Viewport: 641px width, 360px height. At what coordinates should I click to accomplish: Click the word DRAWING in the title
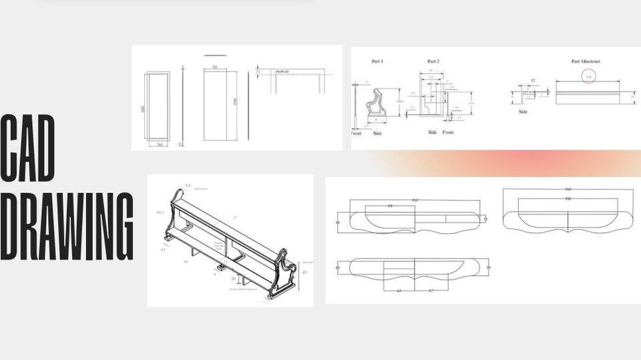pyautogui.click(x=67, y=227)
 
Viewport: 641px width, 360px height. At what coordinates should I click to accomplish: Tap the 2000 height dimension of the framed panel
pyautogui.click(x=142, y=108)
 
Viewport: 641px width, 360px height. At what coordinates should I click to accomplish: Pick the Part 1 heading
pyautogui.click(x=377, y=61)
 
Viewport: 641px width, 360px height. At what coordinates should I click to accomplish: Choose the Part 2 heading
pyautogui.click(x=433, y=61)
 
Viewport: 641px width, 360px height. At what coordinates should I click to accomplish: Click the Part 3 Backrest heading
pyautogui.click(x=586, y=61)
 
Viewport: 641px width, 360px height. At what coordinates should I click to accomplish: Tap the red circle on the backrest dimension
pyautogui.click(x=588, y=77)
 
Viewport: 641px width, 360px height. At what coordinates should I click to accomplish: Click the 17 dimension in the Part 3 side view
pyautogui.click(x=532, y=81)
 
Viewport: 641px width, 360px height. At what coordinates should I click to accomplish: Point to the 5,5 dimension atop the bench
pyautogui.click(x=188, y=185)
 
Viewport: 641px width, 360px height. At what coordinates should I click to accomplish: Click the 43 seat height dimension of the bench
pyautogui.click(x=304, y=272)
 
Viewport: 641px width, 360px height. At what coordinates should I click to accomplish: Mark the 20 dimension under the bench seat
pyautogui.click(x=233, y=279)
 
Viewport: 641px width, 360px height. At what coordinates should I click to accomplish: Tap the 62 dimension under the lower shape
pyautogui.click(x=399, y=291)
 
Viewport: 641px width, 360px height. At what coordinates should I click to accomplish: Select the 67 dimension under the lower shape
pyautogui.click(x=433, y=291)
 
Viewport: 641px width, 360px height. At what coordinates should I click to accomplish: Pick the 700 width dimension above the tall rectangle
pyautogui.click(x=214, y=67)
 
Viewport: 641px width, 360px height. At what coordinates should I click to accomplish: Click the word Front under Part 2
pyautogui.click(x=448, y=132)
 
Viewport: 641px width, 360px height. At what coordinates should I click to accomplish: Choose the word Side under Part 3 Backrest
pyautogui.click(x=523, y=112)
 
